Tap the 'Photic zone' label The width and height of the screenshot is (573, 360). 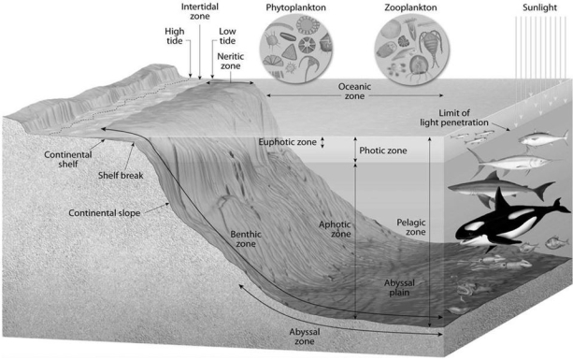click(x=383, y=150)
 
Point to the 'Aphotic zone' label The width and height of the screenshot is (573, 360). click(x=334, y=229)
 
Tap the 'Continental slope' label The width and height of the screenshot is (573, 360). click(x=104, y=212)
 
